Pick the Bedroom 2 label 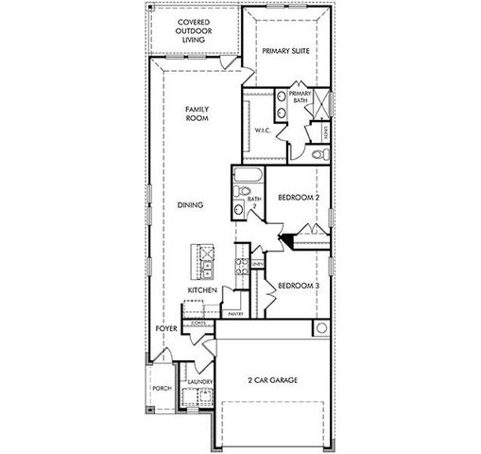pos(299,199)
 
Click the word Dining pos(190,204)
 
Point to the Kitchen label pos(203,289)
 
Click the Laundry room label pos(198,382)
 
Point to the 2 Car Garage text pos(274,380)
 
